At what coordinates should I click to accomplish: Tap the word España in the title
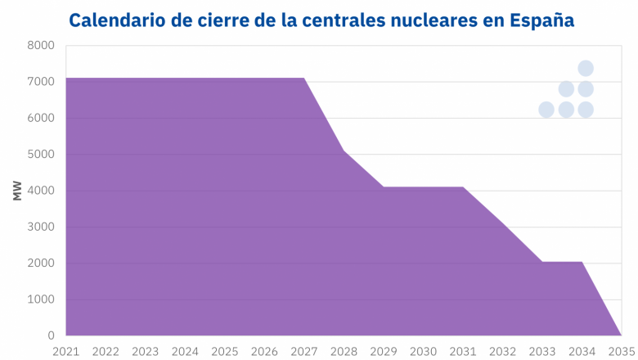pyautogui.click(x=539, y=20)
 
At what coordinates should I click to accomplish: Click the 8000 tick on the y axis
pyautogui.click(x=41, y=46)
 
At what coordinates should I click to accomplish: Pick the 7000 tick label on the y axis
pyautogui.click(x=41, y=82)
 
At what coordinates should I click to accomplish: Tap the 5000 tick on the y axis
pyautogui.click(x=41, y=155)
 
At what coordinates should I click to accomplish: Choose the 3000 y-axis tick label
pyautogui.click(x=41, y=227)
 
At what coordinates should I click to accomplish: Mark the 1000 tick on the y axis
pyautogui.click(x=41, y=299)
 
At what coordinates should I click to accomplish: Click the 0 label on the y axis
pyautogui.click(x=51, y=335)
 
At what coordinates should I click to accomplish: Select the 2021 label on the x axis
pyautogui.click(x=66, y=351)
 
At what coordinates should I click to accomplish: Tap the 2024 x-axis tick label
pyautogui.click(x=185, y=351)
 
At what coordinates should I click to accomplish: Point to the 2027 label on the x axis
pyautogui.click(x=303, y=351)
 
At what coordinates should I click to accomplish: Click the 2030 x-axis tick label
pyautogui.click(x=423, y=351)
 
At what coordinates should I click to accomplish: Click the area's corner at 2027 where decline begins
pyautogui.click(x=303, y=79)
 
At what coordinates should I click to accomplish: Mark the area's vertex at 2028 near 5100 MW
pyautogui.click(x=344, y=151)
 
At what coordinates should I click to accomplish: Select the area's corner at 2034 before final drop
pyautogui.click(x=582, y=262)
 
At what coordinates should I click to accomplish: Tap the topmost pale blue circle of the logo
pyautogui.click(x=586, y=68)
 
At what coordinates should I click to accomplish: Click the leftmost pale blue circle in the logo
pyautogui.click(x=546, y=110)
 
